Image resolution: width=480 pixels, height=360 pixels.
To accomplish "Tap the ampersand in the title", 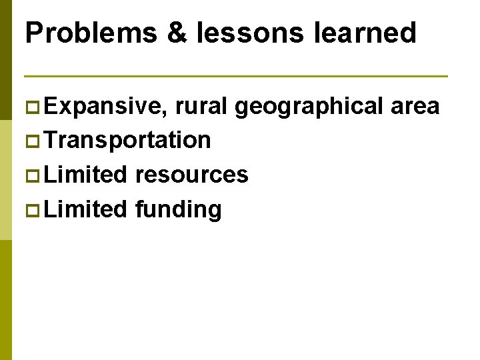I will [x=177, y=33].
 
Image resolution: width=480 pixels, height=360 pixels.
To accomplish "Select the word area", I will [x=415, y=105].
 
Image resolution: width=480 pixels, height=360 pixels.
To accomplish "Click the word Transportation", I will [x=129, y=140].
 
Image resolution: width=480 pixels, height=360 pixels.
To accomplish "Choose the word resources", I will [x=191, y=175].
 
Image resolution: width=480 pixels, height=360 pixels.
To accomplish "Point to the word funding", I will [x=178, y=210].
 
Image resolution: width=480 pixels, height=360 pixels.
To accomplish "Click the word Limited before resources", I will [x=87, y=175].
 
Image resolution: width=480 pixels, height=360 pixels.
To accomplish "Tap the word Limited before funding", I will [x=87, y=209].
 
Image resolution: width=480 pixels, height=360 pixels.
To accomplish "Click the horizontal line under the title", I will [x=236, y=75].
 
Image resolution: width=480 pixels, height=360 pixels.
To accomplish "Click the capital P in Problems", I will [x=34, y=33].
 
